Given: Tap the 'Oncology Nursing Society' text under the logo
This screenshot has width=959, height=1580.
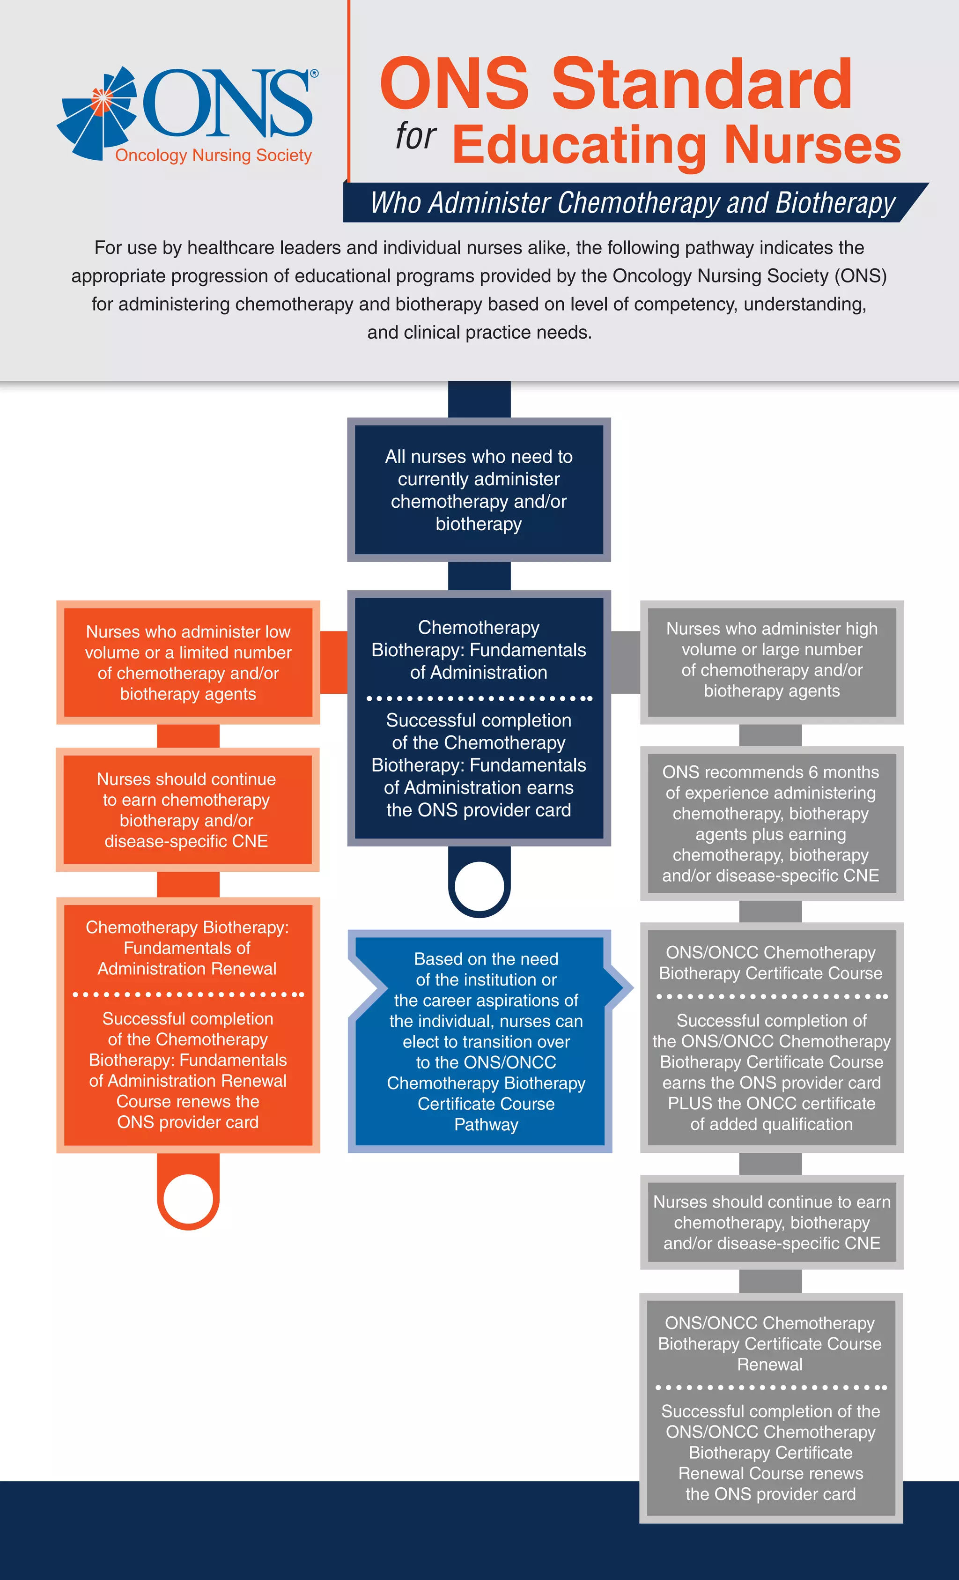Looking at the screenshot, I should [213, 155].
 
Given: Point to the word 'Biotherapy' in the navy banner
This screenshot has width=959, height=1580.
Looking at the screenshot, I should [834, 203].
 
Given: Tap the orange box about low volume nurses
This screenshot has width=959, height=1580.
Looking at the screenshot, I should [188, 662].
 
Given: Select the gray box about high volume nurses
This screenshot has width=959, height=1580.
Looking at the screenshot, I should [772, 660].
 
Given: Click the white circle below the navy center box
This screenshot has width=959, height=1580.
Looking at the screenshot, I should [479, 885].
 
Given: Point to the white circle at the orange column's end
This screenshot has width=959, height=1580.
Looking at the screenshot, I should [188, 1197].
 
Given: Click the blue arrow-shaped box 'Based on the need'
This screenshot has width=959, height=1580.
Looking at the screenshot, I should [486, 1041].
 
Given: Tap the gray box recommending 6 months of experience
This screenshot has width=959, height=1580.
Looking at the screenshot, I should [771, 823].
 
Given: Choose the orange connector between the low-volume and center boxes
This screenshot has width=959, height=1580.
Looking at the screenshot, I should [333, 662].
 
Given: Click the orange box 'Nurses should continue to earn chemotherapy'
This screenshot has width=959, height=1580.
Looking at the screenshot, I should [186, 810].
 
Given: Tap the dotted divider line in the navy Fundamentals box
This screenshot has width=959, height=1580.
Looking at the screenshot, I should [479, 698].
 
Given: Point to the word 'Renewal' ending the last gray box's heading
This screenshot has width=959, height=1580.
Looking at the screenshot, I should [770, 1365].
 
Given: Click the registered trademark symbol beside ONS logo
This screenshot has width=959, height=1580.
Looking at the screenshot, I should [314, 74].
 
